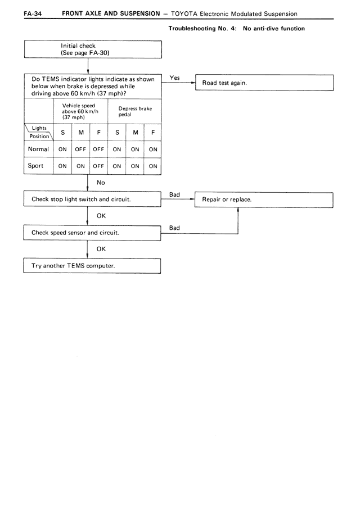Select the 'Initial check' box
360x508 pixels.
click(92, 49)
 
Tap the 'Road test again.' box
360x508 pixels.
click(264, 83)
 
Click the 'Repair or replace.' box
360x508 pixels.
click(263, 199)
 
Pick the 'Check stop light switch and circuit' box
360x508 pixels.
click(92, 199)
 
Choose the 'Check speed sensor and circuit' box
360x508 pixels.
click(92, 232)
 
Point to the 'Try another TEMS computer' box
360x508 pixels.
click(92, 265)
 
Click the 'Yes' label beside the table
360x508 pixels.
click(174, 78)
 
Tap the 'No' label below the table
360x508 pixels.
click(101, 182)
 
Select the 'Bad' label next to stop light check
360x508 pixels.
click(174, 194)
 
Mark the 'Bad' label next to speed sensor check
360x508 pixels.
click(174, 228)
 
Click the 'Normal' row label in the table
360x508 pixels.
click(38, 149)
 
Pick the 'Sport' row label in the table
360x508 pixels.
click(36, 166)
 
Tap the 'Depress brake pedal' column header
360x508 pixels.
click(135, 111)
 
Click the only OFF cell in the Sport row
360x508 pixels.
click(99, 166)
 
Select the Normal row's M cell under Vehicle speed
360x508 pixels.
click(80, 149)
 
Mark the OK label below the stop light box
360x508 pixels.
click(101, 215)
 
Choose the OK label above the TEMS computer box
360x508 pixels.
click(101, 248)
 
